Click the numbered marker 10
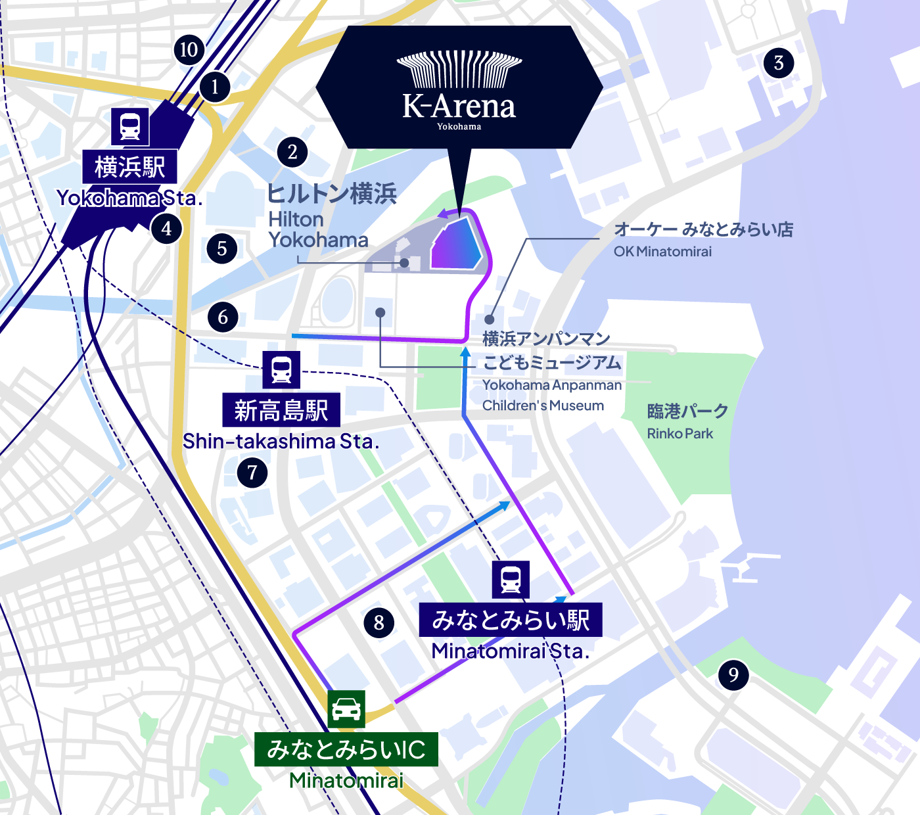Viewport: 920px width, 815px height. [189, 50]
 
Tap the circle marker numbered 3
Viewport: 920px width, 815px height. [779, 63]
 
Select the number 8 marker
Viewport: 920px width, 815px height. [379, 622]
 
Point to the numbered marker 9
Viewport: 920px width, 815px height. [733, 674]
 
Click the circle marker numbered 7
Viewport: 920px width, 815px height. [252, 473]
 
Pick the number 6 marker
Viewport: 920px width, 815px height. [223, 317]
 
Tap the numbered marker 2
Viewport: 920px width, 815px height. [292, 152]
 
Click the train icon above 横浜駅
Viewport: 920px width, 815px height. [130, 126]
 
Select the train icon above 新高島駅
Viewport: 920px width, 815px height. [281, 369]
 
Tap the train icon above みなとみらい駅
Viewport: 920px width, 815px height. [511, 580]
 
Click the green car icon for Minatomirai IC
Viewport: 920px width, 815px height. [346, 709]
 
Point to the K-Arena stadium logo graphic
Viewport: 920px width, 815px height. [459, 70]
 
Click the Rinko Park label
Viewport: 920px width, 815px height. [680, 434]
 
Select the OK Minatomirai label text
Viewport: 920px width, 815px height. [662, 251]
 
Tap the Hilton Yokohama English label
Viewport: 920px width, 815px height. [318, 229]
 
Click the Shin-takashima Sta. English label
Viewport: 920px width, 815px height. [281, 441]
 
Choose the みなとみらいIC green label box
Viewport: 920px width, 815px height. [346, 749]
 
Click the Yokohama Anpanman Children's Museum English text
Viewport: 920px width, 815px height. [551, 395]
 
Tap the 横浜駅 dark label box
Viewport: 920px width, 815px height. [130, 167]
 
